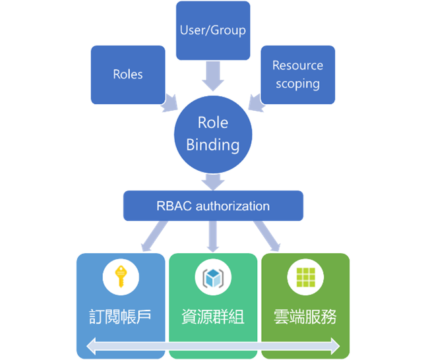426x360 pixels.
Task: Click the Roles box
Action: click(128, 75)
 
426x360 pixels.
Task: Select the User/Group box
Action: click(213, 30)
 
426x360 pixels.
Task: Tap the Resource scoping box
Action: click(297, 75)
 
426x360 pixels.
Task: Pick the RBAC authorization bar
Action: click(213, 206)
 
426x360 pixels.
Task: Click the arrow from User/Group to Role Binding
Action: click(213, 76)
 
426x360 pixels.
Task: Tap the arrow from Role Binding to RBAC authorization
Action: click(213, 180)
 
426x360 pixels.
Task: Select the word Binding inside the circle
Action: click(212, 144)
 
